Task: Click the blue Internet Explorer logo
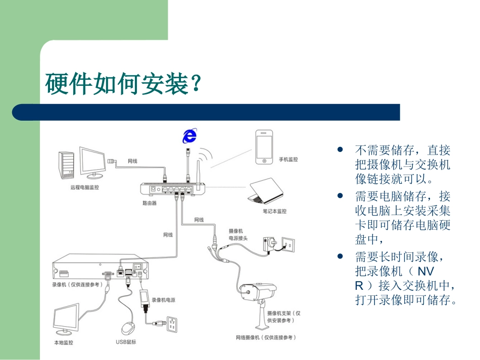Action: coord(189,135)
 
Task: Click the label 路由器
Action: coord(150,203)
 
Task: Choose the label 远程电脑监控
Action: coord(84,187)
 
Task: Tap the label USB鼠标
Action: coord(126,342)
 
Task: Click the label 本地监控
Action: coord(64,342)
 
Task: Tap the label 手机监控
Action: coord(289,160)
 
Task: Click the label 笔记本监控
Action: coord(274,211)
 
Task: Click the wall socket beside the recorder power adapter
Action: coord(173,324)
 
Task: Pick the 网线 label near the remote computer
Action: coord(132,161)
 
